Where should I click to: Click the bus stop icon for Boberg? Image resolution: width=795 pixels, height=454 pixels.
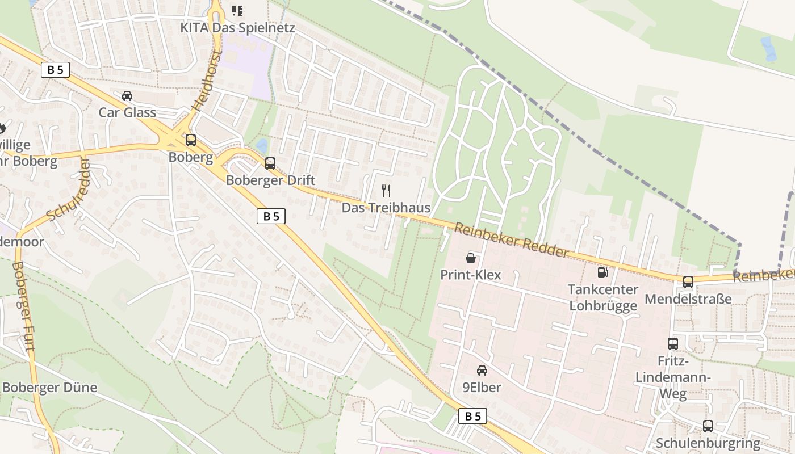191,140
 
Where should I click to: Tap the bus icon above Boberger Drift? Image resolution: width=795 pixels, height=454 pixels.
270,163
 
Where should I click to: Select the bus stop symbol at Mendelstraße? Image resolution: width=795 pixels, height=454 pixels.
688,281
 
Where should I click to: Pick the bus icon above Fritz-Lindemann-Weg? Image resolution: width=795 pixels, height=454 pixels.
673,343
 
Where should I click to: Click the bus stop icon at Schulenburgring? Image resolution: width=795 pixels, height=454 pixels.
708,426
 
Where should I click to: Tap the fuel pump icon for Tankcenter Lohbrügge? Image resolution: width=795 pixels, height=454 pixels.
602,272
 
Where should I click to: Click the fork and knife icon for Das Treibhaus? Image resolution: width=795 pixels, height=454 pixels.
386,190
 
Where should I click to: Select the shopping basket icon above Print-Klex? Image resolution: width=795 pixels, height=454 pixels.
471,258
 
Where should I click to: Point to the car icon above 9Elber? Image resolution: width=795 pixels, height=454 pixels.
482,371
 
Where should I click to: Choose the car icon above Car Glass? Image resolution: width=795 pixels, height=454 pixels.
127,95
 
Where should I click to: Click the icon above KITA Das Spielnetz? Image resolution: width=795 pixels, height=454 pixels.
237,10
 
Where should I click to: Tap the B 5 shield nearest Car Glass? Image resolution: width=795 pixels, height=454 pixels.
56,70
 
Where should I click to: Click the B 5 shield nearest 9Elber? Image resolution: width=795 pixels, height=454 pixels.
472,416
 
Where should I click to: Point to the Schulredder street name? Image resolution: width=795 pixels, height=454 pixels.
68,190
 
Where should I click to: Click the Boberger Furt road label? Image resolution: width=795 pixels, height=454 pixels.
23,306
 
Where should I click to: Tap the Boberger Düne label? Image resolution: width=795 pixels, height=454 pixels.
50,388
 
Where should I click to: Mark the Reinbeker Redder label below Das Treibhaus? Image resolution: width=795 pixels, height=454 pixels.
511,240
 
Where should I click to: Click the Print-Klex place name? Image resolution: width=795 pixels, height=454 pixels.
471,275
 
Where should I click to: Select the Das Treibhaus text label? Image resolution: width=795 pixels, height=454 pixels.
386,208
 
